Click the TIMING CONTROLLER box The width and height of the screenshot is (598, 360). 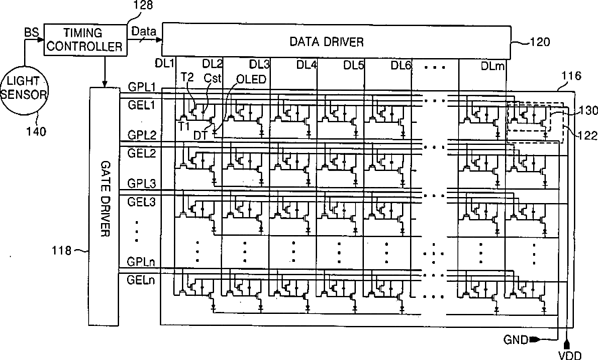[93, 40]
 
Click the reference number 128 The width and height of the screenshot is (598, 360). [144, 5]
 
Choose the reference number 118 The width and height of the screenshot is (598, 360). [66, 251]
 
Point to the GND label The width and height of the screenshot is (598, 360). [516, 339]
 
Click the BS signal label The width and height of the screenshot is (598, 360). [30, 31]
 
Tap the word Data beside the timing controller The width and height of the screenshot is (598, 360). [144, 31]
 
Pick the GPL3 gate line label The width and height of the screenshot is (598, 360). [141, 183]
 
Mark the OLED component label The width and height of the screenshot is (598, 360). [252, 79]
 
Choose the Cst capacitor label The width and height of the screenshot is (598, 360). [212, 78]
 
